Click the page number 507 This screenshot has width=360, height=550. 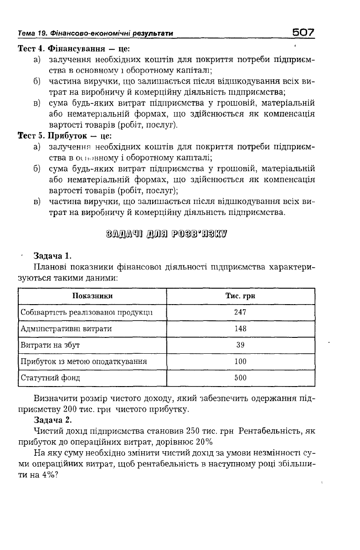click(303, 32)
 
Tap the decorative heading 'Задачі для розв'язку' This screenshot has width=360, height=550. click(166, 235)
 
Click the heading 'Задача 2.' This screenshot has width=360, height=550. click(53, 420)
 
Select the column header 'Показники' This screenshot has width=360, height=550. click(93, 296)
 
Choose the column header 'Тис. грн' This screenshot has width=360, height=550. click(240, 296)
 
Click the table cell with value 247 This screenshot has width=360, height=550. click(240, 312)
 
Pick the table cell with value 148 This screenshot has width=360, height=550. click(240, 329)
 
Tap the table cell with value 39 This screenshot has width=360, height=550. click(240, 345)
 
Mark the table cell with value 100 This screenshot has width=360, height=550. click(240, 362)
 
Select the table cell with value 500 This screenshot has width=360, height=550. click(240, 378)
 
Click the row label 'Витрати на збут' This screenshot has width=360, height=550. click(51, 345)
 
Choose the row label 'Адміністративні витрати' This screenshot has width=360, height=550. click(66, 329)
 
